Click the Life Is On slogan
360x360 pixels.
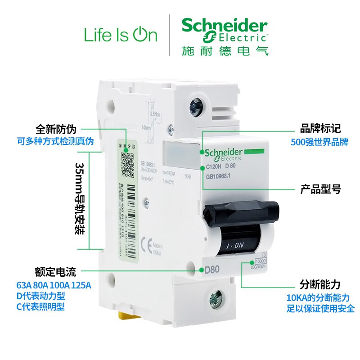tap(121, 35)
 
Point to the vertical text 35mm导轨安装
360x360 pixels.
tap(80, 200)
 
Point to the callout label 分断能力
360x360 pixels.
tap(320, 284)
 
